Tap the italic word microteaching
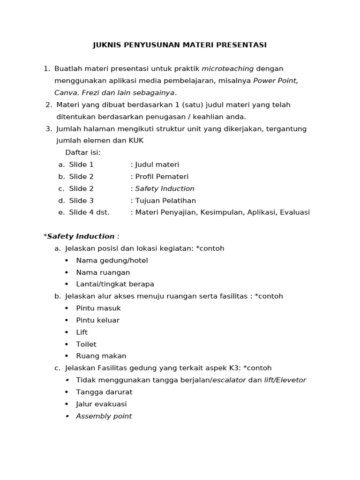228,69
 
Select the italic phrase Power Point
275,81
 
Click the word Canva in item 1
64,93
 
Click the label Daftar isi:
83,153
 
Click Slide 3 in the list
81,201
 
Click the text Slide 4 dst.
89,212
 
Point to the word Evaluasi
295,212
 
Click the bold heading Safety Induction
81,236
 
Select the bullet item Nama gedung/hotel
112,260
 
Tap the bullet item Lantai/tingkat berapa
115,284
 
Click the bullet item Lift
82,332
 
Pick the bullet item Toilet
86,344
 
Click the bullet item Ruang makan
101,356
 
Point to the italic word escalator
229,380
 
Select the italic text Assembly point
104,416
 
